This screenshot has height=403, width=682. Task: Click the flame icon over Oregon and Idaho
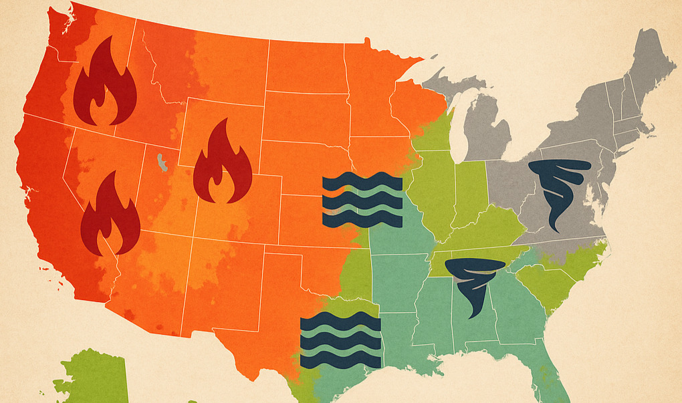point(105,84)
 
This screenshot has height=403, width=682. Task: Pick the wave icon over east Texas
point(340,340)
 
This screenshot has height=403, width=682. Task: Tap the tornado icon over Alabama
point(475,284)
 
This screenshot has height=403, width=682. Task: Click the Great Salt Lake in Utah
point(161,162)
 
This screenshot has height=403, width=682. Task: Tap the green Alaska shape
point(94,378)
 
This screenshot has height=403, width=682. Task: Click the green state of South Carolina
point(545,284)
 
